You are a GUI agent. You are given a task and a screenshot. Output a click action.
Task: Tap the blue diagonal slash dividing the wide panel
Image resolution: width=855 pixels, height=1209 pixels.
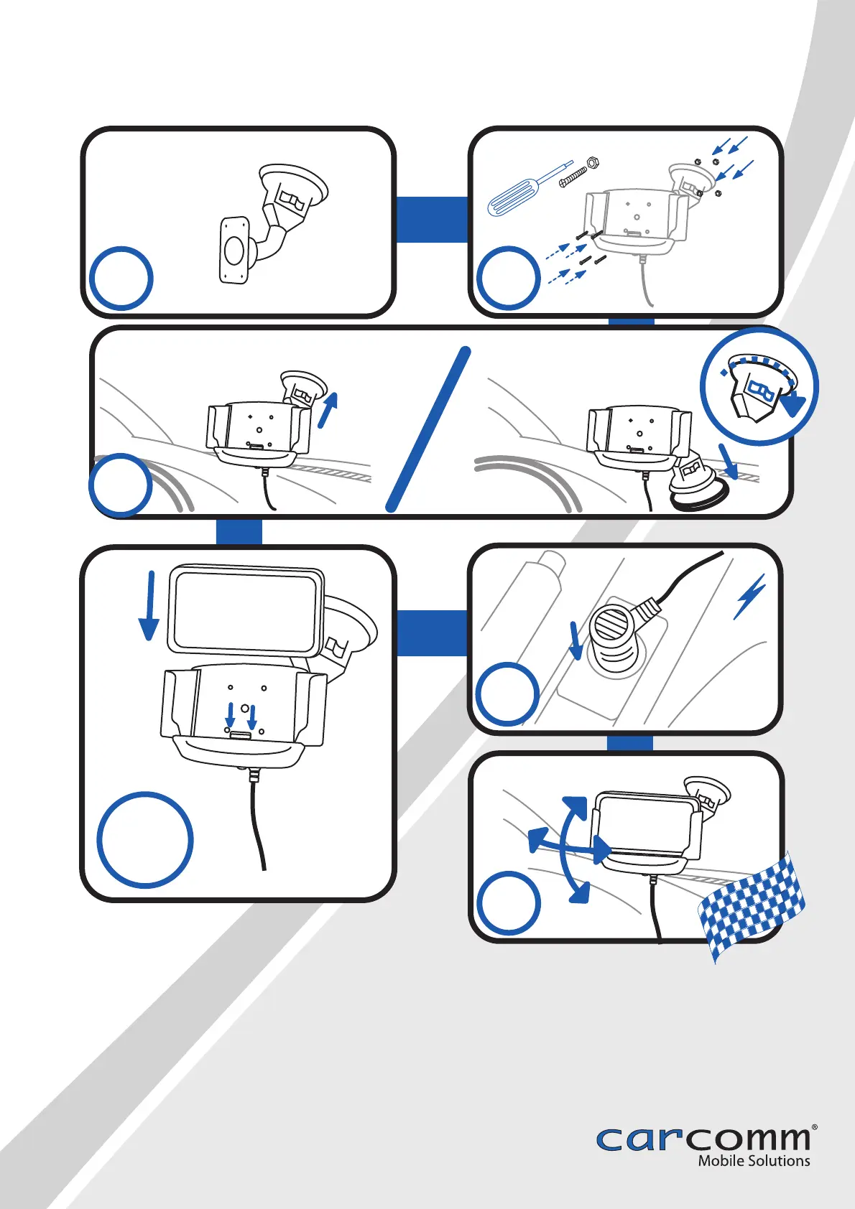pos(427,429)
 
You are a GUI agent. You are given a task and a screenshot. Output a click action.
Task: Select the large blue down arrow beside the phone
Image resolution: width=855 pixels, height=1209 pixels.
pos(149,606)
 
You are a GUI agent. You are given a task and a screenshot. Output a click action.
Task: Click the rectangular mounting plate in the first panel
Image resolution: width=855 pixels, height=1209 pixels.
pos(234,249)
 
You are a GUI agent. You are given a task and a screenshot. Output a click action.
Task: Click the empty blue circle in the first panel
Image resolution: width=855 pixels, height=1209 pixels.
pos(121,279)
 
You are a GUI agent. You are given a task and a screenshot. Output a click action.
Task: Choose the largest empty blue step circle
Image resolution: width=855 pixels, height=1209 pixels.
pos(145,840)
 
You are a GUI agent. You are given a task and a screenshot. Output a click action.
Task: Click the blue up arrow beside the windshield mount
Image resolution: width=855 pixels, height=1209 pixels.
pos(328,410)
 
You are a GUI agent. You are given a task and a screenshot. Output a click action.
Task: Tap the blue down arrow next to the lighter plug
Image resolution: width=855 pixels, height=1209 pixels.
pos(576,640)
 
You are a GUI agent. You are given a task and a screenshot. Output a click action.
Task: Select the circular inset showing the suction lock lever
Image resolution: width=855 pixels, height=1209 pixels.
pos(759,386)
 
